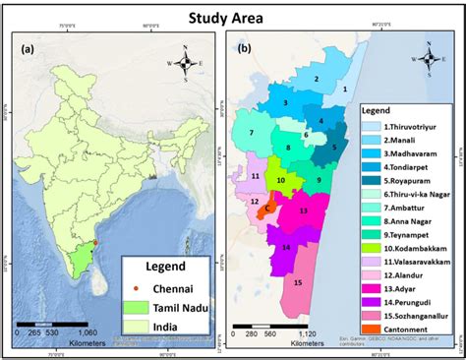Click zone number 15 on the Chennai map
pos(298,282)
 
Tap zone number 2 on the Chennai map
pos(317,78)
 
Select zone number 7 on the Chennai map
pos(252,131)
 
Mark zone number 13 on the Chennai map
pos(303,210)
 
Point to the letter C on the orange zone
pos(267,208)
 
